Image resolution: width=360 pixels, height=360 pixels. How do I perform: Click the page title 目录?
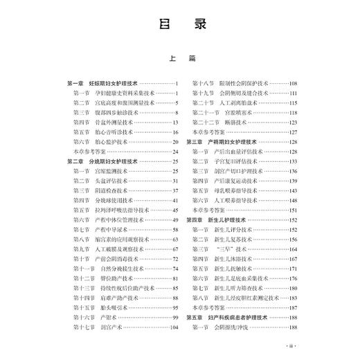tap(179, 27)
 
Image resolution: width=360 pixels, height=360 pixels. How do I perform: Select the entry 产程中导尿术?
tap(111, 229)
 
